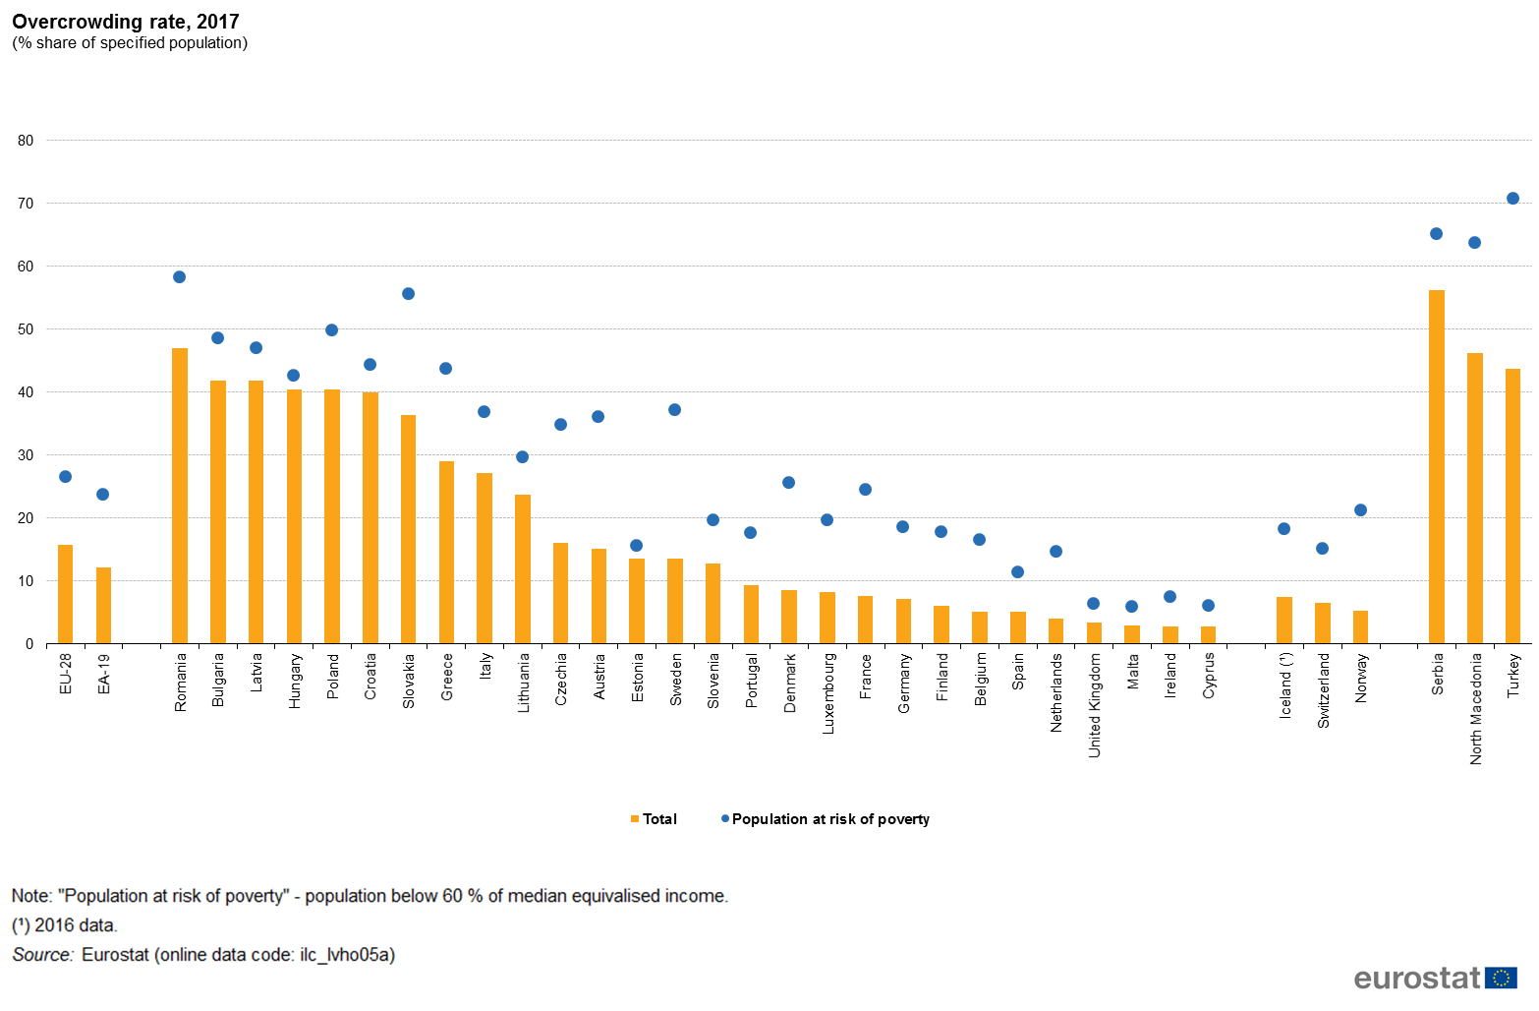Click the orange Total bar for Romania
click(180, 496)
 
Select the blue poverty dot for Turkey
click(1512, 199)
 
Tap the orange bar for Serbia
click(1437, 467)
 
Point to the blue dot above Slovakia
click(408, 294)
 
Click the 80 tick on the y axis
click(26, 141)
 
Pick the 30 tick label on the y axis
click(26, 455)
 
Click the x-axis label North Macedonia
click(1475, 709)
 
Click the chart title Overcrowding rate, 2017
click(126, 22)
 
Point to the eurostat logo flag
click(1501, 978)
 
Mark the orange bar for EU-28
click(66, 594)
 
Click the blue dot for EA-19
click(103, 495)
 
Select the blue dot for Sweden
click(674, 410)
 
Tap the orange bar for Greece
click(446, 553)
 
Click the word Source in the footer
click(42, 955)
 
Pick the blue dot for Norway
click(1360, 510)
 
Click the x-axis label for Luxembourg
click(828, 693)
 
